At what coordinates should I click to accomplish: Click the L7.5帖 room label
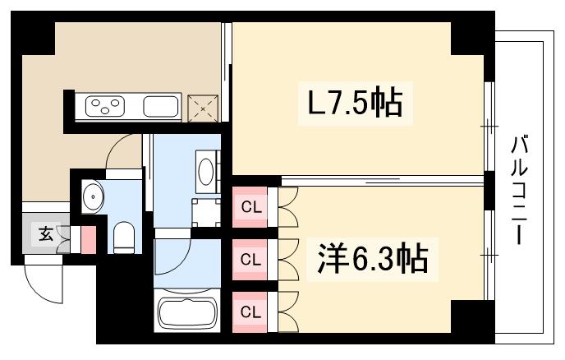(355, 105)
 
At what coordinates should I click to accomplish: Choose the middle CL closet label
(250, 259)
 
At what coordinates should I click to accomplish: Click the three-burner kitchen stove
(105, 106)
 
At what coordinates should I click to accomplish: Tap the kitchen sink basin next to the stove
(162, 106)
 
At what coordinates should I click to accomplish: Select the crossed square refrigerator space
(203, 106)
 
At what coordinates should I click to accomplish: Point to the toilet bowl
(125, 237)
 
